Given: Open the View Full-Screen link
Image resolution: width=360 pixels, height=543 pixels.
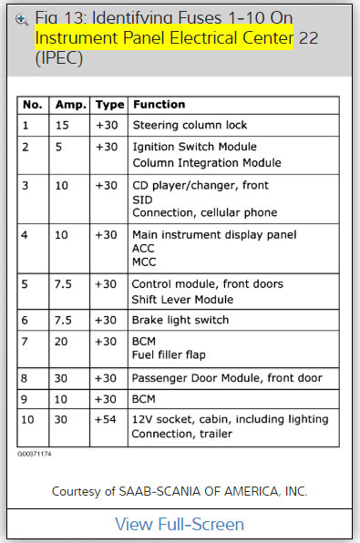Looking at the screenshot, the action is (x=180, y=524).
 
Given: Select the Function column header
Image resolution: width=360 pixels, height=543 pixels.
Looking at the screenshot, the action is (x=159, y=105).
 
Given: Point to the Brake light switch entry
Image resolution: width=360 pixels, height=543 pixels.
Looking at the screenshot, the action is (x=180, y=320).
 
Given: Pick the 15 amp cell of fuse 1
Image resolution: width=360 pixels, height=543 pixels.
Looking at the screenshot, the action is (x=61, y=125).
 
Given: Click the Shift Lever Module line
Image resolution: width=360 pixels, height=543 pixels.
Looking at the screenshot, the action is (x=183, y=300).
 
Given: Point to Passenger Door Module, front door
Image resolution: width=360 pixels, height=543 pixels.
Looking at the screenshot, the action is (x=227, y=378).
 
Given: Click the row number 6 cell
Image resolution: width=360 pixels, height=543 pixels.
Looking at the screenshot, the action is (x=26, y=320).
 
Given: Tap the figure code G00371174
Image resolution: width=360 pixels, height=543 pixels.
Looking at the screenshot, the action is (x=36, y=453).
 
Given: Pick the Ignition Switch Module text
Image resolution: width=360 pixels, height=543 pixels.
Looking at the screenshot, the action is (x=195, y=147).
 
